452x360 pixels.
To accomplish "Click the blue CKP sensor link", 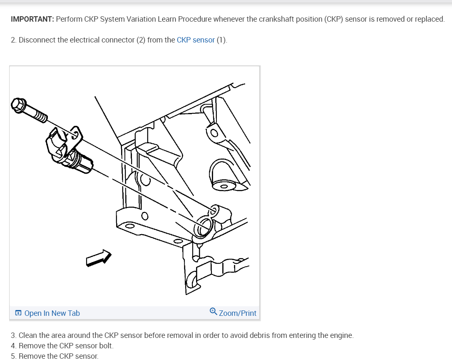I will click(x=196, y=40).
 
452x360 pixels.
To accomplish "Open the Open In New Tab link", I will click(x=52, y=313).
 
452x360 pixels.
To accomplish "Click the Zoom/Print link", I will click(x=238, y=313).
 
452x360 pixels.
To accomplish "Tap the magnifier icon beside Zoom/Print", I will click(x=213, y=312).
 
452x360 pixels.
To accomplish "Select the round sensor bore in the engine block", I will click(x=204, y=227).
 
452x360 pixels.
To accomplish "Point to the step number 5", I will click(x=13, y=356).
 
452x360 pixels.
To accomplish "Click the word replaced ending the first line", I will click(x=429, y=19).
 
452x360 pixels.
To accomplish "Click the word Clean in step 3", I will click(x=27, y=335).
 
